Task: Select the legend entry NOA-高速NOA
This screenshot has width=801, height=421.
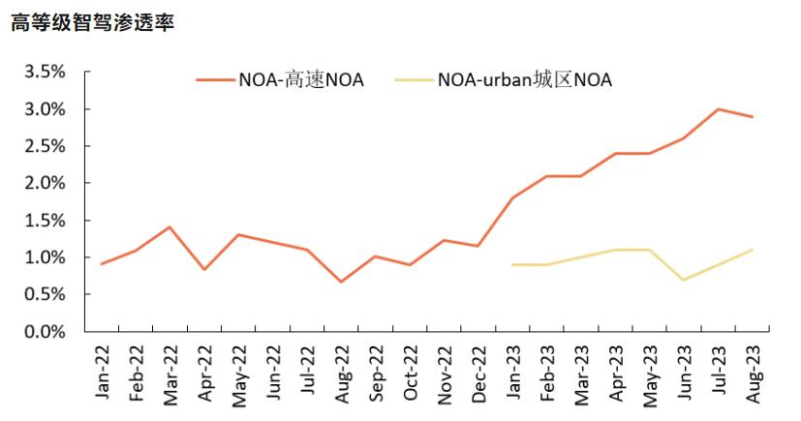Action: (x=301, y=80)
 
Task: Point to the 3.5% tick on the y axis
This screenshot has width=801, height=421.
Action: (x=44, y=73)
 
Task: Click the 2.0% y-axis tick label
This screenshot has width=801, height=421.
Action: (x=44, y=184)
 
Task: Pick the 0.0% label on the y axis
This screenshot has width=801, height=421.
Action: (x=44, y=332)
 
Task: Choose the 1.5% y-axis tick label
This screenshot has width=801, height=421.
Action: (x=44, y=221)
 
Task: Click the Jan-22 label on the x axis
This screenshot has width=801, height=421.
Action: (x=103, y=373)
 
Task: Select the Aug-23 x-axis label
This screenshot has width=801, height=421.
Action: (x=753, y=373)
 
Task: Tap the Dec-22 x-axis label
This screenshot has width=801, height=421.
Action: (x=478, y=373)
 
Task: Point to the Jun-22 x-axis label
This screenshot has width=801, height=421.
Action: (x=273, y=373)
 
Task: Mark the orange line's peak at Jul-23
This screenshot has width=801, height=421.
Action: (x=718, y=109)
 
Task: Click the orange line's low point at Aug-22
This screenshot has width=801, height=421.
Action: (x=341, y=282)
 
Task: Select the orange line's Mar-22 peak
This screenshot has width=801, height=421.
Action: (x=169, y=227)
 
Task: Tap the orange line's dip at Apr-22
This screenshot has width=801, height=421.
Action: (x=203, y=269)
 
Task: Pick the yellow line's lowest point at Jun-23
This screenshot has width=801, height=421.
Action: (x=684, y=280)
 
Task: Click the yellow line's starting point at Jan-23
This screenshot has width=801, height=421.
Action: (x=512, y=264)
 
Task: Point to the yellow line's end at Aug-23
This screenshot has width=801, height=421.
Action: (x=753, y=250)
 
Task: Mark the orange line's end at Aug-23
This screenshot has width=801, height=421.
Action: (x=753, y=117)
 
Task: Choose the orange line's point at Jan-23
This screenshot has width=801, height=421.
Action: (x=512, y=197)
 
